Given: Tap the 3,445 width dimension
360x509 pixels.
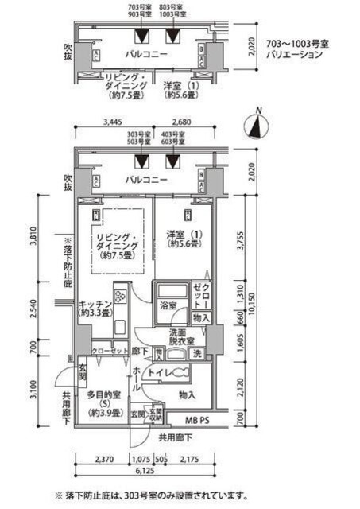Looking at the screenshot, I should pyautogui.click(x=116, y=123).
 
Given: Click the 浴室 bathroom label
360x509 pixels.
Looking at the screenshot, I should pyautogui.click(x=167, y=304).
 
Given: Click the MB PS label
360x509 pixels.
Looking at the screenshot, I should pyautogui.click(x=192, y=419).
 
